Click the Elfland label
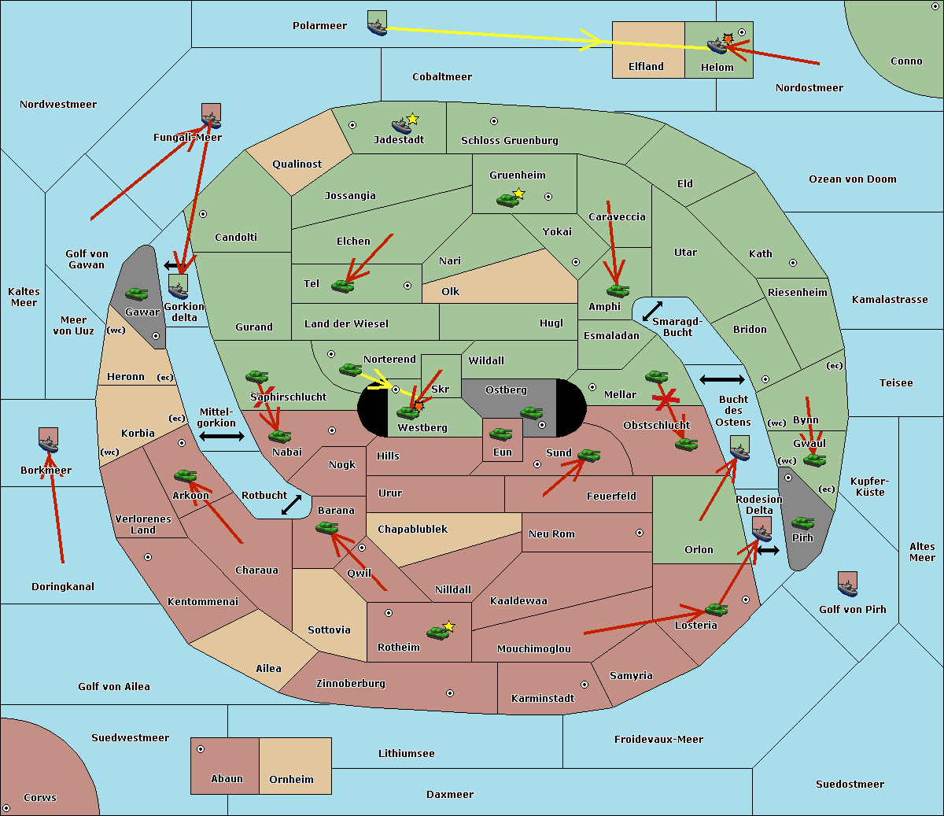coord(646,67)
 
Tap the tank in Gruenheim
coord(507,200)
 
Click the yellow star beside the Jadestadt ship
coord(412,119)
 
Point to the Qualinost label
coord(297,164)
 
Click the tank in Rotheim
coord(437,633)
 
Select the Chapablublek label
coord(412,529)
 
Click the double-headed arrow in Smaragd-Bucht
coord(652,311)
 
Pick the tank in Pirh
coord(802,522)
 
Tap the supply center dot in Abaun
coord(201,749)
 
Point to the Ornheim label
coord(291,779)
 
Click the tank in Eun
coord(500,434)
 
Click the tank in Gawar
coord(137,294)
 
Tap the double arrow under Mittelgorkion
coord(222,436)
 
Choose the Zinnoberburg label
coord(351,684)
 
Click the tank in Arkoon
coord(185,476)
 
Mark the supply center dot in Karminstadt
coord(584,685)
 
